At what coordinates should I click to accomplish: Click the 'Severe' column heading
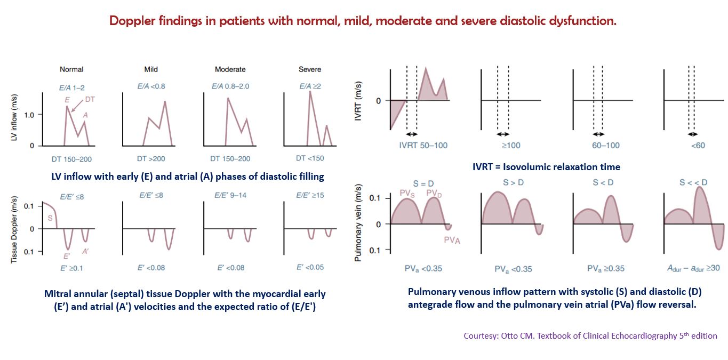pos(310,69)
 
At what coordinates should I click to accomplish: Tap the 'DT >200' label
pos(150,158)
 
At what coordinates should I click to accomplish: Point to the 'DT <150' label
pos(310,158)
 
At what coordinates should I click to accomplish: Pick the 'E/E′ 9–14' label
pos(230,196)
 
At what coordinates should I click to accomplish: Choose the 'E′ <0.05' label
pos(310,267)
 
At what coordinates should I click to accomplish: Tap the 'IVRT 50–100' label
pos(423,145)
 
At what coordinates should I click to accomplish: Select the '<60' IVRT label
pos(693,145)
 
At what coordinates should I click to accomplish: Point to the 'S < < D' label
pos(693,183)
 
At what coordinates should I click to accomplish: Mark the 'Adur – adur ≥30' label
pos(693,269)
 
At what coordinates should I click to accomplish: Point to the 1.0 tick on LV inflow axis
pos(28,115)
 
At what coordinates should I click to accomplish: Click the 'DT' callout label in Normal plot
pos(90,99)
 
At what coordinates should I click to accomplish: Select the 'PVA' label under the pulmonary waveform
pos(452,241)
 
